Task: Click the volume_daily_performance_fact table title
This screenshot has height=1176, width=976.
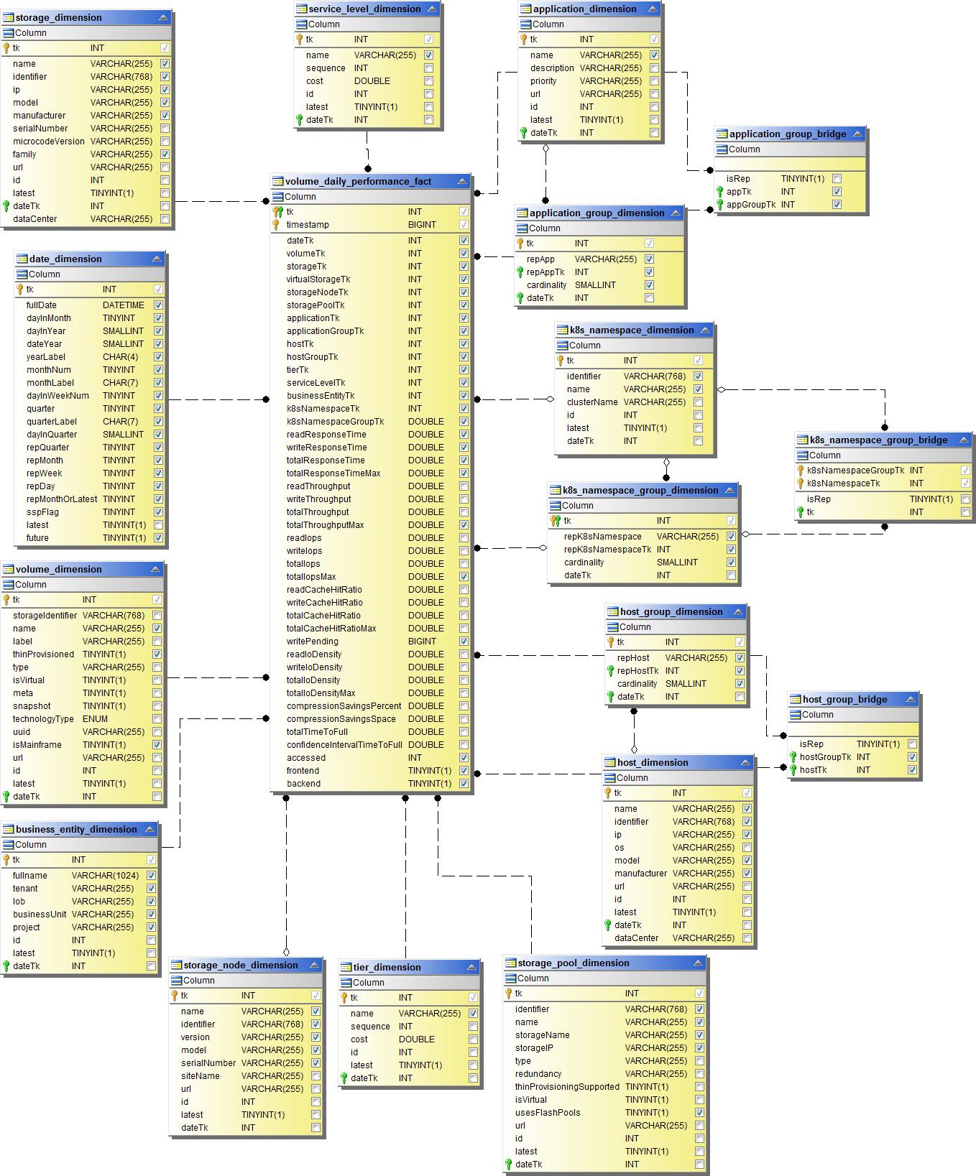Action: pos(358,182)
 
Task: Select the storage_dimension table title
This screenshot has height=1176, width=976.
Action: pos(58,18)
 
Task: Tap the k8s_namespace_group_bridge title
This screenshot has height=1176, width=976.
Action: pos(878,440)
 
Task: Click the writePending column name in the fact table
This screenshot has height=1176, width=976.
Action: pos(312,642)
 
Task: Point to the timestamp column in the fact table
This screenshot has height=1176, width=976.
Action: pos(307,225)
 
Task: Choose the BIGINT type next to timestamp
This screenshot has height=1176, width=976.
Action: pos(422,225)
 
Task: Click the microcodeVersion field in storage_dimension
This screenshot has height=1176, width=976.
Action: pos(48,142)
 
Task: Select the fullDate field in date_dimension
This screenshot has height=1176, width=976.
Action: pos(42,305)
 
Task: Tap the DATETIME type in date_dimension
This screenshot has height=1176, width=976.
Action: pos(123,305)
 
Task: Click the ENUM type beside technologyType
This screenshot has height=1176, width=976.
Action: pos(95,719)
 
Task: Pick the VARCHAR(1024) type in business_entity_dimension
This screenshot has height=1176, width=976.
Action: pos(105,876)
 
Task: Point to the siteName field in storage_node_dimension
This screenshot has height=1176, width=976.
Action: pos(200,1076)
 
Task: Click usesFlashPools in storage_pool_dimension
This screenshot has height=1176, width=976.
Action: pos(547,1113)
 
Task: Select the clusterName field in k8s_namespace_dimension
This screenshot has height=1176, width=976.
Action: pos(591,402)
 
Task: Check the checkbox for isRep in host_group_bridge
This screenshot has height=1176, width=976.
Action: pos(912,744)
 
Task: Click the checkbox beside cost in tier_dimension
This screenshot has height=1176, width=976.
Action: pos(473,1040)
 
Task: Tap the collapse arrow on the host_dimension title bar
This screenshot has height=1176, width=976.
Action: pos(745,763)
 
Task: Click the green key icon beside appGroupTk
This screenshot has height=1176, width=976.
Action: pos(719,205)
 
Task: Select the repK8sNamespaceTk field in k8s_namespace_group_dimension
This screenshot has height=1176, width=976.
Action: pos(607,550)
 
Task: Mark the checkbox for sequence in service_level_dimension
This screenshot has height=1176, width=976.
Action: pos(428,68)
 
